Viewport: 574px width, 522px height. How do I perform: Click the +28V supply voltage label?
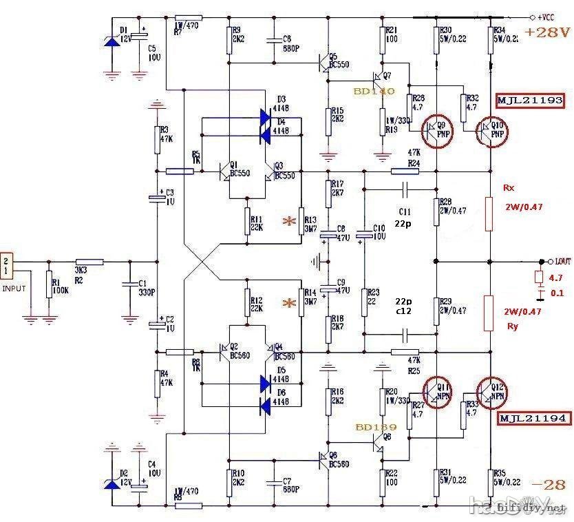tap(546, 32)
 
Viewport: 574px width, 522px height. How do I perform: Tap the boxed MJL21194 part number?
tap(531, 418)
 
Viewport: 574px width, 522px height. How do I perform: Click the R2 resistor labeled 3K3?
tap(89, 262)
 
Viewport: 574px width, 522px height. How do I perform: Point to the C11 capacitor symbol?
tap(404, 188)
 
